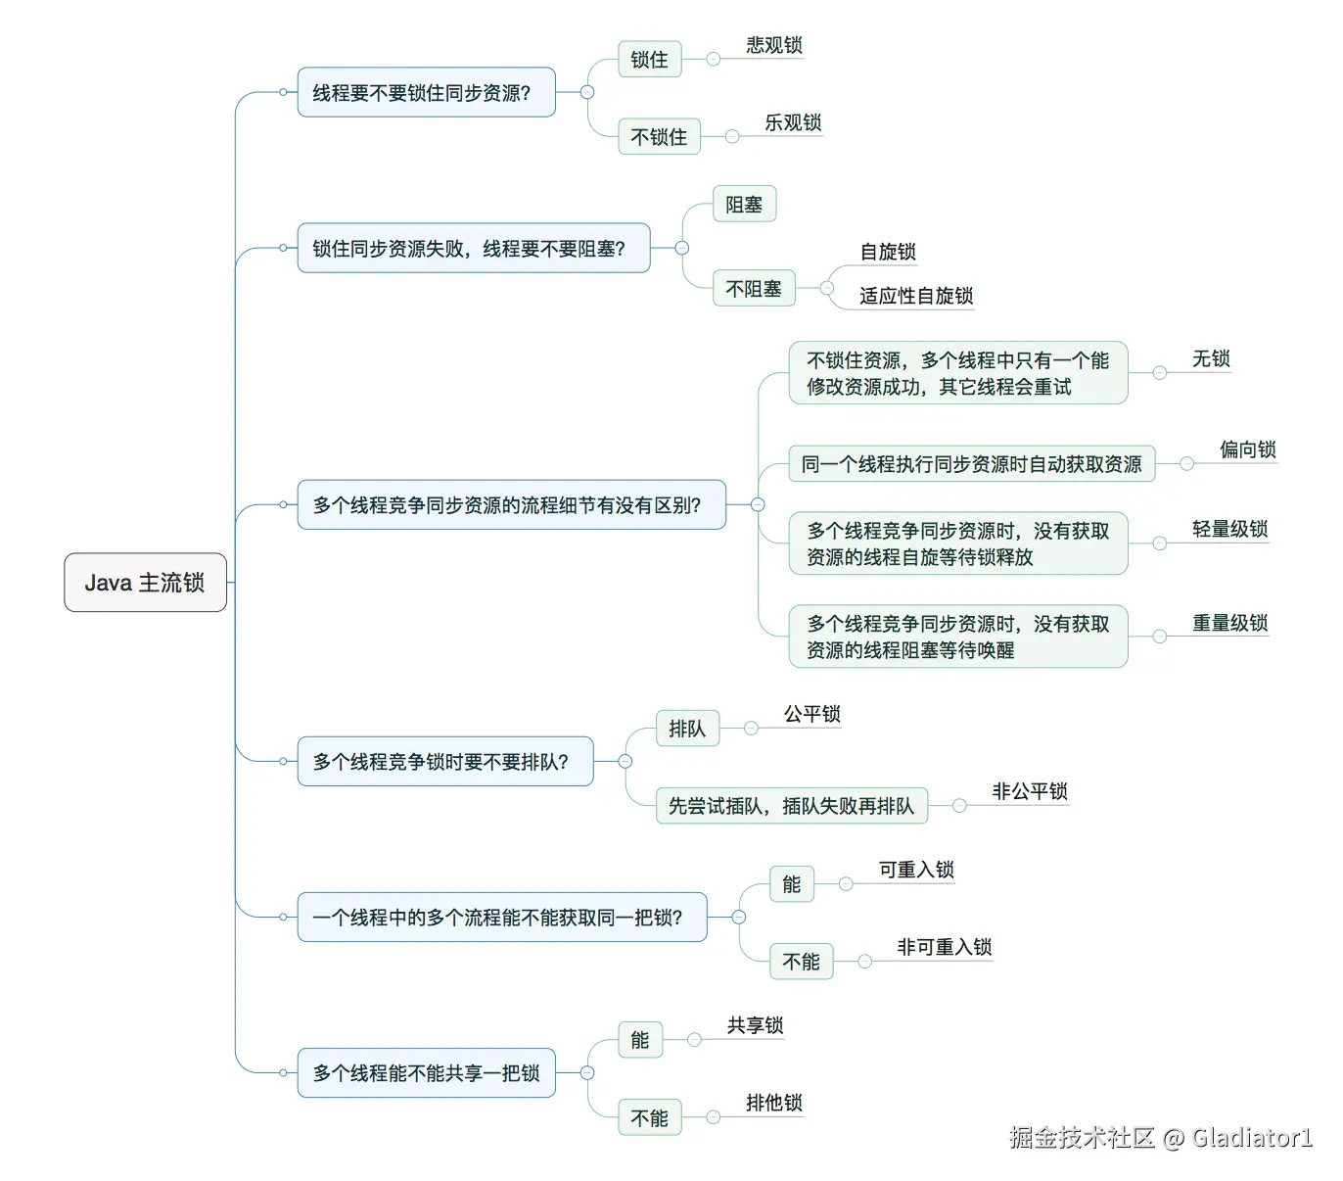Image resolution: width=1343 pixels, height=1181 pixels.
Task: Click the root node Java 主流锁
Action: coord(145,582)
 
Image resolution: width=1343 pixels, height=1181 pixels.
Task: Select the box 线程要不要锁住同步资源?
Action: coord(426,92)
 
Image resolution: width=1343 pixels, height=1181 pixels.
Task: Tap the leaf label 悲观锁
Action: coord(773,45)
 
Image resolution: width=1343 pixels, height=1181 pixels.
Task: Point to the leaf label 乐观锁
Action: coord(792,122)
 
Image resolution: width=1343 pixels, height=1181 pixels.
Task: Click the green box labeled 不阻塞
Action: coord(753,288)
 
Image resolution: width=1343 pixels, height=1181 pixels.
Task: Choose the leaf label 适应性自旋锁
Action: coord(915,295)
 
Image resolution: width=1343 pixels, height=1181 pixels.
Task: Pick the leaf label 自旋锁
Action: coord(887,252)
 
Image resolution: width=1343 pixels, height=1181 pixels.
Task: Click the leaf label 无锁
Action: coord(1211,358)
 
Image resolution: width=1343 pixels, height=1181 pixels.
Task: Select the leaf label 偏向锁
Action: coord(1247,449)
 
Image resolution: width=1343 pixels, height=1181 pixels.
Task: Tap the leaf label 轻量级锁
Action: coord(1229,529)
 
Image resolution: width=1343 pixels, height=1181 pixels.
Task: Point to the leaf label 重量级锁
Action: coord(1229,623)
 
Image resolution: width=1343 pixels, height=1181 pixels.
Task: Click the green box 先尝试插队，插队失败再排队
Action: coord(791,805)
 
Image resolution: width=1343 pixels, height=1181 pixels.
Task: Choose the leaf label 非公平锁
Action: coord(1029,791)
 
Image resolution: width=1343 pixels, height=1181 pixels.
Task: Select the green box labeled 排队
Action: coord(687,729)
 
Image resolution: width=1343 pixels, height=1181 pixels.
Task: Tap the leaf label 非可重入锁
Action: coord(944,947)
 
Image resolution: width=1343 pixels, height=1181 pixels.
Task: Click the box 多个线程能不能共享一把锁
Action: coord(426,1072)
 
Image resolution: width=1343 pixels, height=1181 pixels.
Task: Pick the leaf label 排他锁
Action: coord(773,1103)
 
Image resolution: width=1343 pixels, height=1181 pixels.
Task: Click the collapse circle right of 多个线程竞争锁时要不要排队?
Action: coord(625,761)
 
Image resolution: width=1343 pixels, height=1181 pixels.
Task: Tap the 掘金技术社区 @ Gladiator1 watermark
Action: coord(1160,1137)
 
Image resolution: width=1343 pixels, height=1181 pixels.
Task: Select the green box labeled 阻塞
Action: coord(744,204)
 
